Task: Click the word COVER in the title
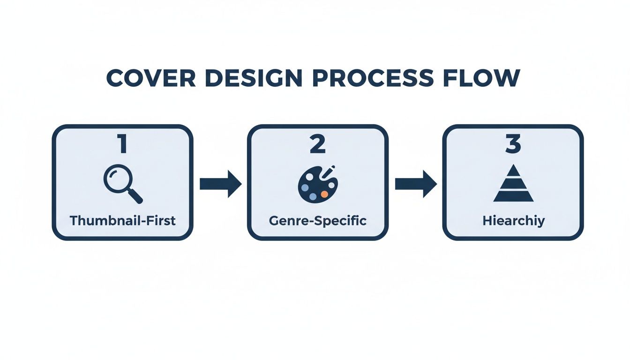click(x=151, y=78)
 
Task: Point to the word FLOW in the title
click(x=481, y=78)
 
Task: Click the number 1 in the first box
click(x=122, y=144)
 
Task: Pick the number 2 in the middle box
click(x=318, y=144)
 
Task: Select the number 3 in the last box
click(x=513, y=144)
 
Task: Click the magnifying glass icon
click(x=123, y=184)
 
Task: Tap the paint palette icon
click(x=318, y=184)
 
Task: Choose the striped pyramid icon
click(x=513, y=183)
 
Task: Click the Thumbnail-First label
click(x=123, y=220)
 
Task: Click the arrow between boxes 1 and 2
click(x=220, y=184)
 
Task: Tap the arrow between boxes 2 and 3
click(x=416, y=184)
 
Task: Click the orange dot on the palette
click(x=324, y=194)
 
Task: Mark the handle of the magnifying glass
click(x=135, y=196)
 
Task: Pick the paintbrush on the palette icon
click(x=328, y=172)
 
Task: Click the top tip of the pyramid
click(x=514, y=165)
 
